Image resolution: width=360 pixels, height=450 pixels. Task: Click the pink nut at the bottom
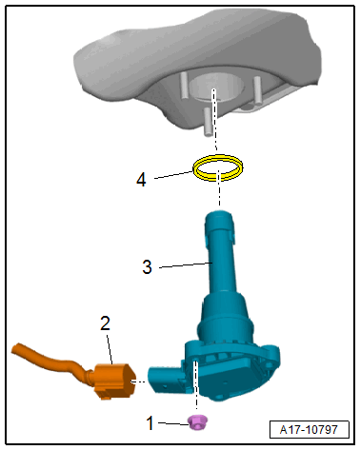197,422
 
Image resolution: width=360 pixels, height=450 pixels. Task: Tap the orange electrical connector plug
115,381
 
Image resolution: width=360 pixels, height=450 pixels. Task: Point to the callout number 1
150,423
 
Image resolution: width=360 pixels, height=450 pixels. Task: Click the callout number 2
105,323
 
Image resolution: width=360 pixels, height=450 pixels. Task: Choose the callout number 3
147,267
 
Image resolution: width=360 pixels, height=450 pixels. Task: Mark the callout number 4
141,180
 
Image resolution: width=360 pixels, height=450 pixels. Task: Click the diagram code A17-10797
309,430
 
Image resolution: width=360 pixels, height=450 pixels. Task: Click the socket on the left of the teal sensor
165,379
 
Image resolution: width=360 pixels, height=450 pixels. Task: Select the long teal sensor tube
221,254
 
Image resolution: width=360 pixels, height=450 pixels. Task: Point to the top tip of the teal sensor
219,212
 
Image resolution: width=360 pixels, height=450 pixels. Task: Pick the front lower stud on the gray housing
209,122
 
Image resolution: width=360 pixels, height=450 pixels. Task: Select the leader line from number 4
173,175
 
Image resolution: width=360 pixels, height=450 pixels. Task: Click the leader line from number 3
186,264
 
